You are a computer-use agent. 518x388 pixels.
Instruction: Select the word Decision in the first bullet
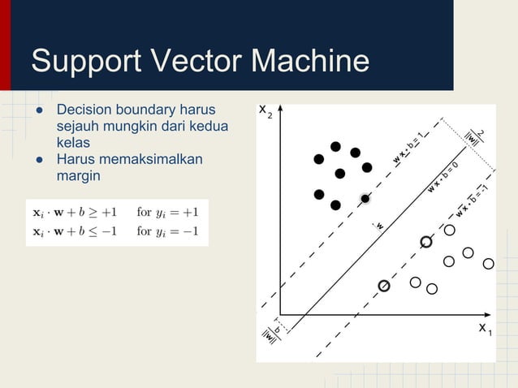click(84, 110)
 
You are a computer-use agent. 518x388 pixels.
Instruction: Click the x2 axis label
click(265, 110)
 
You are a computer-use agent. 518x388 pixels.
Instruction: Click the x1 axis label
click(485, 328)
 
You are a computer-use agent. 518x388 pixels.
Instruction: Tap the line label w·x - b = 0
click(442, 178)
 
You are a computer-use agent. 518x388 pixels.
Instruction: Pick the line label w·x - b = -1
click(471, 201)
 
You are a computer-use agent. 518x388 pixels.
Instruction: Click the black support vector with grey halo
click(365, 198)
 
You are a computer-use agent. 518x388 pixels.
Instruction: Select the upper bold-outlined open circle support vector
click(426, 242)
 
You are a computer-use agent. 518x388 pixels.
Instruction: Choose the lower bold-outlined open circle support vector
click(384, 286)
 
